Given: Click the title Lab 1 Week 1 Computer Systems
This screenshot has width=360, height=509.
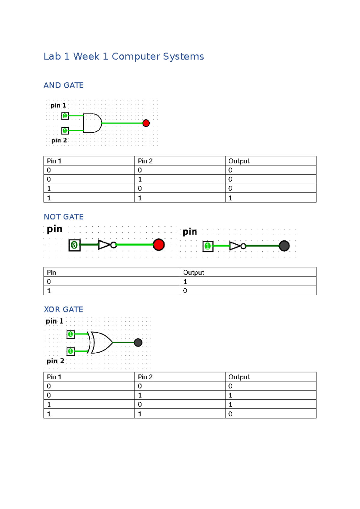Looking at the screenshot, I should (124, 56).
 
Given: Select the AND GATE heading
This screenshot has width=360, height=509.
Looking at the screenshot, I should (63, 86).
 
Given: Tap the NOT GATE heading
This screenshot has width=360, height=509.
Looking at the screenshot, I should (64, 217).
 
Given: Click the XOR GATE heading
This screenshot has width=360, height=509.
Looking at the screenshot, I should (63, 309).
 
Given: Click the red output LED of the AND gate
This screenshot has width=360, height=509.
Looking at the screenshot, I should (146, 123).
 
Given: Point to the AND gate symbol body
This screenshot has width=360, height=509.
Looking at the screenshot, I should (92, 123).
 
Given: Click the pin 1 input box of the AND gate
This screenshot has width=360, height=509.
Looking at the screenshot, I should (65, 116).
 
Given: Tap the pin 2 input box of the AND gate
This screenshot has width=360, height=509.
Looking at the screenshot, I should (65, 131).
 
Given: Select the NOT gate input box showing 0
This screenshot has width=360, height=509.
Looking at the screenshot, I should (74, 245).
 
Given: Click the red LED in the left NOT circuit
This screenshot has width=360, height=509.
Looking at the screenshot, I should (158, 245).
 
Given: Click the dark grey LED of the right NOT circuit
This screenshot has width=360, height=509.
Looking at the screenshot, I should (284, 246).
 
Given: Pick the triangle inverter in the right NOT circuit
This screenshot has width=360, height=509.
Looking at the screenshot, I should (235, 246).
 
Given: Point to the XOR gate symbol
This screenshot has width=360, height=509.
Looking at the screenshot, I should (100, 342).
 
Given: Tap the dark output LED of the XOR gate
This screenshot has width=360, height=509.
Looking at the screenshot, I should (138, 342).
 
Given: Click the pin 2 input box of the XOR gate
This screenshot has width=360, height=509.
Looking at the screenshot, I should (70, 351).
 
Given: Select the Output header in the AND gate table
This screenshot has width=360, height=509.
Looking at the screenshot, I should (239, 161).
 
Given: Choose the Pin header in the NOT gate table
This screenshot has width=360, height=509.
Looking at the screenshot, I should (51, 273).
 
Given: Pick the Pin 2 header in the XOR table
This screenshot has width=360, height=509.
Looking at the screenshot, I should (145, 377).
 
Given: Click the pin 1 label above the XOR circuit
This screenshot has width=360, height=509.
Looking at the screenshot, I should (54, 321).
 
